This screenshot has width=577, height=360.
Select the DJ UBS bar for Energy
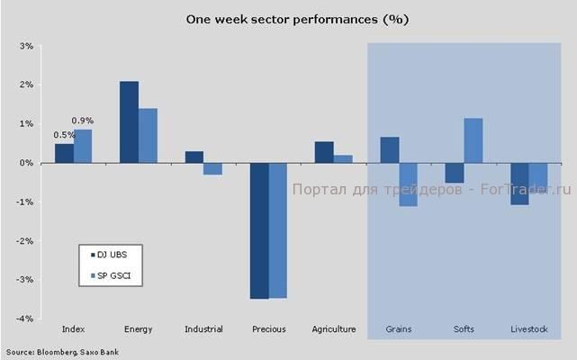129,122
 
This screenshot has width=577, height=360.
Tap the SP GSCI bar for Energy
148,136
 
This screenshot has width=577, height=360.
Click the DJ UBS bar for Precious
259,230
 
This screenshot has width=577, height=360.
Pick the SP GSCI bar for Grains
409,184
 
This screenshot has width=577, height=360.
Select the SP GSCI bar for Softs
473,140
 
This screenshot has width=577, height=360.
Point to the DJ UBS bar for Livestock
519,184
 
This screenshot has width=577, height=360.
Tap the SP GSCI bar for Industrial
212,168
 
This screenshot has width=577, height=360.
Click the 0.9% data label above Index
83,121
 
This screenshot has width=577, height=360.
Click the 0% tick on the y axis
26,163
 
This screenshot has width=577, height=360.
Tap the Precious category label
268,329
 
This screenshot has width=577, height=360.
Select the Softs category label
464,329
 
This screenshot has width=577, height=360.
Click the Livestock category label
528,329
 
